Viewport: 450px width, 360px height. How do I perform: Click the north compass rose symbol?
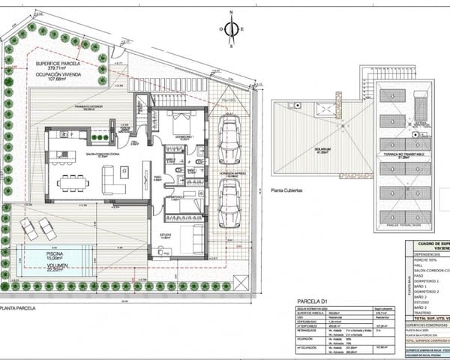pyautogui.click(x=232, y=28)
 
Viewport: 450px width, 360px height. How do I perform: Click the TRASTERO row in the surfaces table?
pyautogui.click(x=424, y=313)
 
